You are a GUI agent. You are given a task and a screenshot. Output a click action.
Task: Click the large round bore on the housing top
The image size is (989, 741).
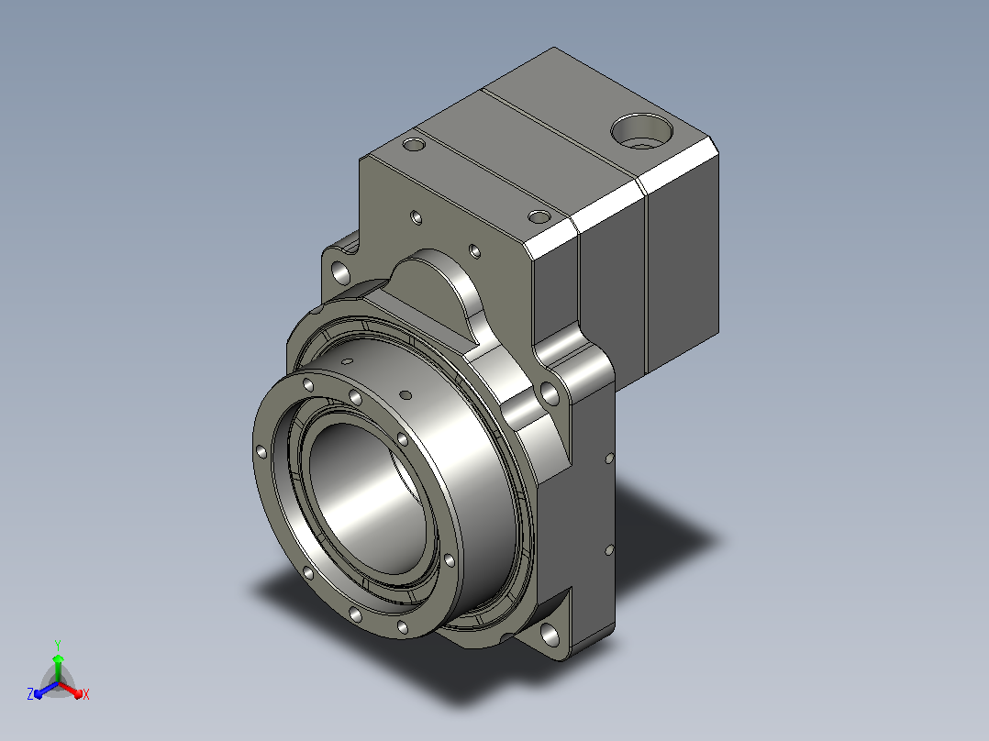[641, 131]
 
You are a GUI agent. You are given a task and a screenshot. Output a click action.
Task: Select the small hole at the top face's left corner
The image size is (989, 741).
[414, 144]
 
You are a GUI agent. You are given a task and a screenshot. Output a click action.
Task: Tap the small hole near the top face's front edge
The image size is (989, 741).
[539, 217]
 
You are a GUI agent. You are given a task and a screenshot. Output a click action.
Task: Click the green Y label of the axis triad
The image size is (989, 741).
[58, 645]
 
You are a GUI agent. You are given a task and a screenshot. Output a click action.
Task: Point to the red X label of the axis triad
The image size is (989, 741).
[86, 694]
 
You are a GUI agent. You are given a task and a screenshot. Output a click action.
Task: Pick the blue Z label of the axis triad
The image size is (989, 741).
[30, 694]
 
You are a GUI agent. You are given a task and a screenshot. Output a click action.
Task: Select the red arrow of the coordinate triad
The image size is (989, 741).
[70, 689]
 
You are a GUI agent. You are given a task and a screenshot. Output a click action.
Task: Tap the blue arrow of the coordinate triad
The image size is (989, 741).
[47, 690]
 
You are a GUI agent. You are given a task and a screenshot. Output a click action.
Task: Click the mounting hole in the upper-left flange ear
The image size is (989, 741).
[341, 273]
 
